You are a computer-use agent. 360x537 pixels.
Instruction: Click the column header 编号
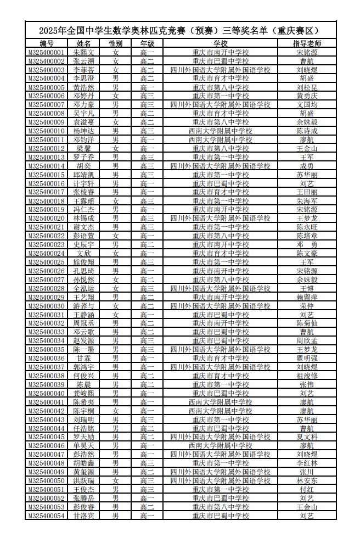[x=47, y=43]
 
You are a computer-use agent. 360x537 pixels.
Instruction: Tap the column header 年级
[x=147, y=43]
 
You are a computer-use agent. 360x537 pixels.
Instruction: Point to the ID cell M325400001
[x=47, y=52]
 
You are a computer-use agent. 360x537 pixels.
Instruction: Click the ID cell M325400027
[x=47, y=279]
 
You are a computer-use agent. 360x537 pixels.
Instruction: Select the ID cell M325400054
[x=47, y=516]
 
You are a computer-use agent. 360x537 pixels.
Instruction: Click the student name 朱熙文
[x=84, y=52]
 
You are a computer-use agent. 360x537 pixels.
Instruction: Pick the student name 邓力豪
[x=84, y=104]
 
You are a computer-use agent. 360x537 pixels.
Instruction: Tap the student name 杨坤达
[x=84, y=131]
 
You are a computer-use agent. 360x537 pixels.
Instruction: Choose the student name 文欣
[x=84, y=253]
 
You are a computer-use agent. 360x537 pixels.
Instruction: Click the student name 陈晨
[x=84, y=384]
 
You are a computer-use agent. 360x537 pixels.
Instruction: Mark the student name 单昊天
[x=84, y=445]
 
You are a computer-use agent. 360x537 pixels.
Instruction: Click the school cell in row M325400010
[x=221, y=131]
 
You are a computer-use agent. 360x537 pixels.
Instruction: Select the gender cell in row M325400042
[x=115, y=411]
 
